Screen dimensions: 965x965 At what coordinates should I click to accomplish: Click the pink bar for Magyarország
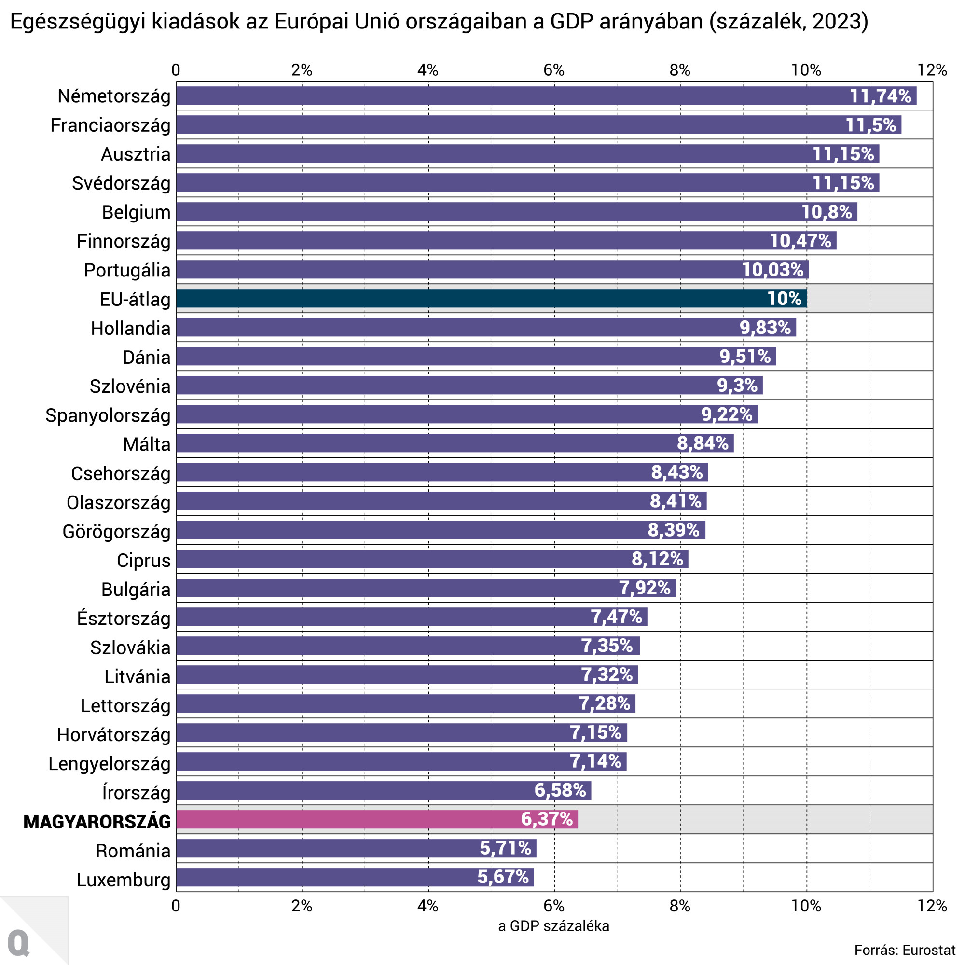[377, 819]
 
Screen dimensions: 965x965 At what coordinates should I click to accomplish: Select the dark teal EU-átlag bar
[492, 298]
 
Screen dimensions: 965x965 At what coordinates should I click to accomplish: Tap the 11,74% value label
[880, 96]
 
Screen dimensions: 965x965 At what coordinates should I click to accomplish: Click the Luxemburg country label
[124, 880]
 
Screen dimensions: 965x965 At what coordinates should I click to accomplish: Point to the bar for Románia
[356, 848]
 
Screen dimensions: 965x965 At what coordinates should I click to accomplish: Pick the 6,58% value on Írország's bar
[560, 790]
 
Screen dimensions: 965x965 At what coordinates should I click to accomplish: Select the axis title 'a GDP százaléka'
[553, 926]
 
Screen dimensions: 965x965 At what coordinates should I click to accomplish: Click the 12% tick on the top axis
[932, 70]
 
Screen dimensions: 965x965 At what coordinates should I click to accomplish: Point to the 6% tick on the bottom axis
[554, 906]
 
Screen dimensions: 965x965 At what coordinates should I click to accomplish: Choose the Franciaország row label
[110, 125]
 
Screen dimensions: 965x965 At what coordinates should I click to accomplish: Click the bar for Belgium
[516, 212]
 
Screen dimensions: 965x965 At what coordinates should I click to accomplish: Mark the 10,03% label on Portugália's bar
[772, 270]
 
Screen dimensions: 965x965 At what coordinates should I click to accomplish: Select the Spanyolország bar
[467, 414]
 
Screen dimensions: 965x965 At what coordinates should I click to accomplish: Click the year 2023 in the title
[833, 22]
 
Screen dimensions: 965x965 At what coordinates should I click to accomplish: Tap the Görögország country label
[116, 531]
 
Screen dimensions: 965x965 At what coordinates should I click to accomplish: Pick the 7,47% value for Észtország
[616, 617]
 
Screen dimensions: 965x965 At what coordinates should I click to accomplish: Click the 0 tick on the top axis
[176, 70]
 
